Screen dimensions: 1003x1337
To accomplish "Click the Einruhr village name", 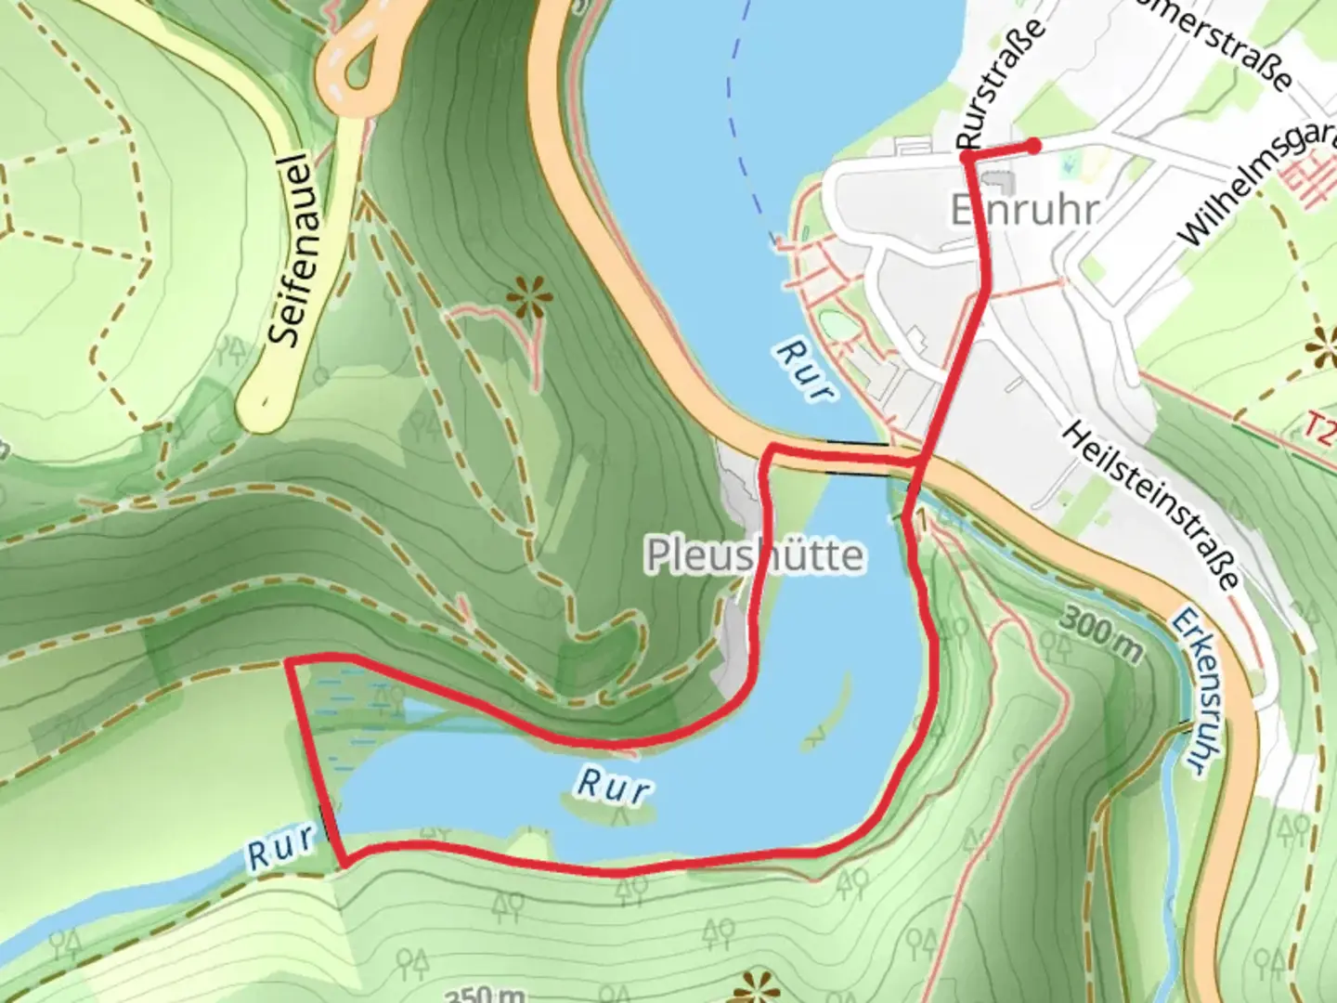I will (x=1023, y=210).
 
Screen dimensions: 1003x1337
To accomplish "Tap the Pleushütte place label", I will (x=754, y=555).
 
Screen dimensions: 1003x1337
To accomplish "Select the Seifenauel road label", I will (x=292, y=249).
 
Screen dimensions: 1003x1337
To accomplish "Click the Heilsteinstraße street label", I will (x=1151, y=505).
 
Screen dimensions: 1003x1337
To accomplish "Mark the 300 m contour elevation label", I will (x=1099, y=633).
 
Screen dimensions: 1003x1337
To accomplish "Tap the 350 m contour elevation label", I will (x=485, y=994).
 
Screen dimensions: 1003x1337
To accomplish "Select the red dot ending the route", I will (x=1032, y=145).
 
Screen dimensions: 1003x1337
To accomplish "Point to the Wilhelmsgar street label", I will (x=1253, y=186).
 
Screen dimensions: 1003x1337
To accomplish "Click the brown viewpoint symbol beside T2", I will (x=1322, y=349).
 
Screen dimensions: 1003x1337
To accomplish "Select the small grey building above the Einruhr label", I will (x=998, y=178).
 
